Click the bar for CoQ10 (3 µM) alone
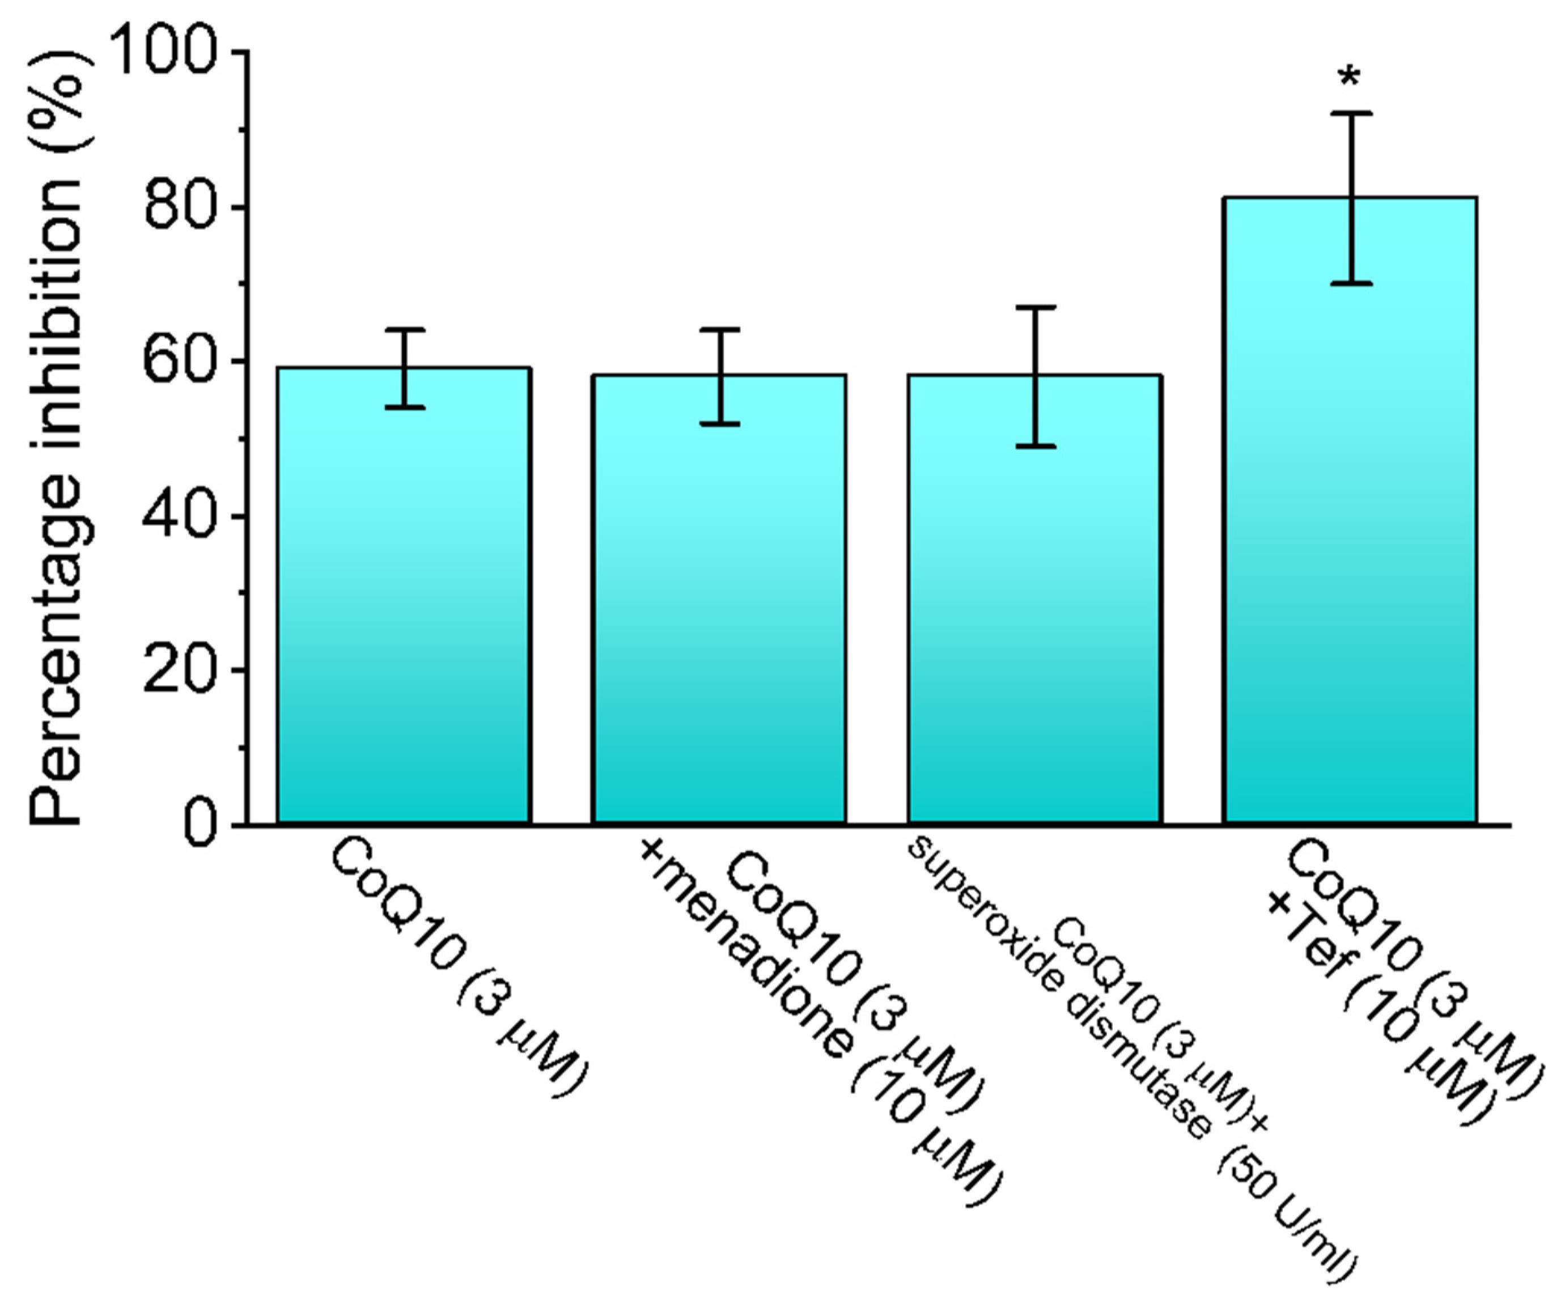pyautogui.click(x=404, y=595)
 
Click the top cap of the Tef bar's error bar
pyautogui.click(x=1350, y=113)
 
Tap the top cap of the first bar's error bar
pyautogui.click(x=404, y=329)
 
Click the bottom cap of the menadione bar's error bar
pyautogui.click(x=719, y=423)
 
